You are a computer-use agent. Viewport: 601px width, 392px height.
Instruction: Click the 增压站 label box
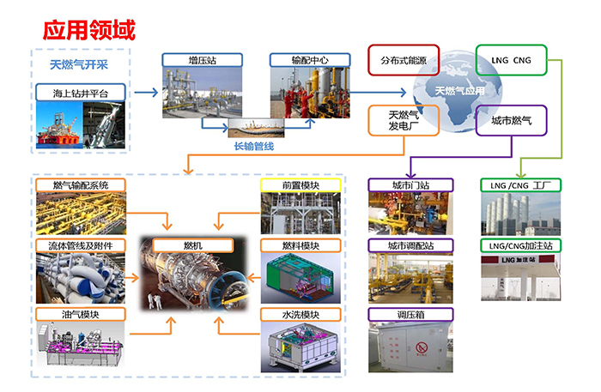tap(202, 60)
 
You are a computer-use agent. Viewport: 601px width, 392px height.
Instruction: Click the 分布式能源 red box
tap(404, 61)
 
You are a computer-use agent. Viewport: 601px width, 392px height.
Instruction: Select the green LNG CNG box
tap(511, 61)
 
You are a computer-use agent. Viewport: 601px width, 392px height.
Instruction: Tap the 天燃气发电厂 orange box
tap(404, 121)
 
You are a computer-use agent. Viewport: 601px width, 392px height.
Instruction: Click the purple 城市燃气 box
tap(511, 121)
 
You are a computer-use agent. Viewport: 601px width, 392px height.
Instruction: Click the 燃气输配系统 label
tap(81, 184)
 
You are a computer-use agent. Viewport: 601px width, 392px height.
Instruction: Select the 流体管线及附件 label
tap(81, 245)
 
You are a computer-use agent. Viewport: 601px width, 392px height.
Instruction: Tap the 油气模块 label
tap(81, 314)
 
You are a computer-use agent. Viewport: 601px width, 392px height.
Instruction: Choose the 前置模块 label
tap(300, 184)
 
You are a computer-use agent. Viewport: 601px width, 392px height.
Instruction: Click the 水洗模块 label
tap(300, 314)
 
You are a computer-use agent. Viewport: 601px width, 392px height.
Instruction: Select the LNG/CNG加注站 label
tap(519, 245)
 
